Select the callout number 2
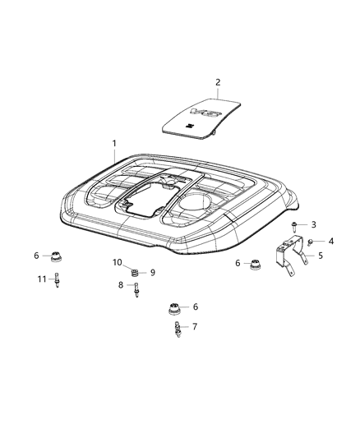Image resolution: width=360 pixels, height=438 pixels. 218,81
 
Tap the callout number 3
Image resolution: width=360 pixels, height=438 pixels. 313,224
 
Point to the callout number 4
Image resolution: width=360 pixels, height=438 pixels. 331,241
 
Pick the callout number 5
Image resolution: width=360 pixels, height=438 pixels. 320,256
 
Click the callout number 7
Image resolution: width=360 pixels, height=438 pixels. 195,326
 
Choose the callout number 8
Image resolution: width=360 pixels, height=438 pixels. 121,284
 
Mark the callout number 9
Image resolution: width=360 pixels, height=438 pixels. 152,272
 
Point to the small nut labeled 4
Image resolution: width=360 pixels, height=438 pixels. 312,242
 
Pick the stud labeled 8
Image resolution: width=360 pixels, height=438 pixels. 136,288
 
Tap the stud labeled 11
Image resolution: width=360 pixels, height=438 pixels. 58,281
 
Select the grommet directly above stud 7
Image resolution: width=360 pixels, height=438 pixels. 174,309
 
